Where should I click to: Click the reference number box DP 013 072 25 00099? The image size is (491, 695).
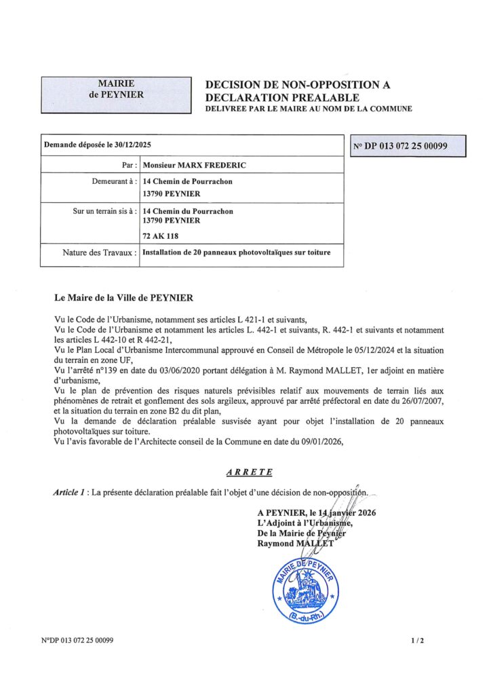click(408, 146)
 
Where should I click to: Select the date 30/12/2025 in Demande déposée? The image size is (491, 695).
click(130, 145)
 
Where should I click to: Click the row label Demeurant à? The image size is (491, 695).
click(114, 181)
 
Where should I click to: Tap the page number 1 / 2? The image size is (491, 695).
click(417, 641)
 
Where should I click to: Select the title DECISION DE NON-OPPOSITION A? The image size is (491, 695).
click(293, 85)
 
